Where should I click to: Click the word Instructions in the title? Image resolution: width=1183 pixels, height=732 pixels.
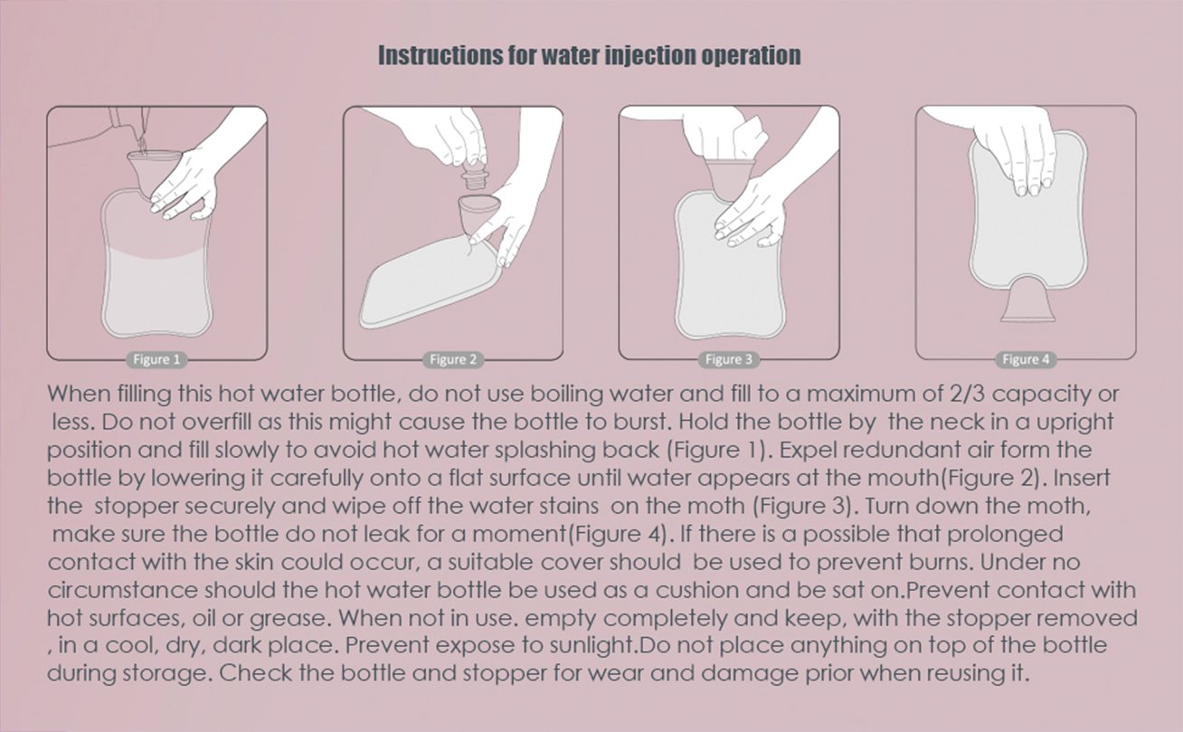(440, 55)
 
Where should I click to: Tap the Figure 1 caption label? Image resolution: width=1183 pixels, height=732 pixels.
(156, 360)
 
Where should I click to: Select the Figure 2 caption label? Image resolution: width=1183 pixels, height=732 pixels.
(453, 360)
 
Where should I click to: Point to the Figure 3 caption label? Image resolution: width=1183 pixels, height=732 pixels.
(729, 360)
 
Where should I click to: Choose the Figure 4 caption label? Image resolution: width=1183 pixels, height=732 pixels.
(1027, 360)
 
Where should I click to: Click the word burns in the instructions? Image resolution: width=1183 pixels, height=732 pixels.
(942, 562)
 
